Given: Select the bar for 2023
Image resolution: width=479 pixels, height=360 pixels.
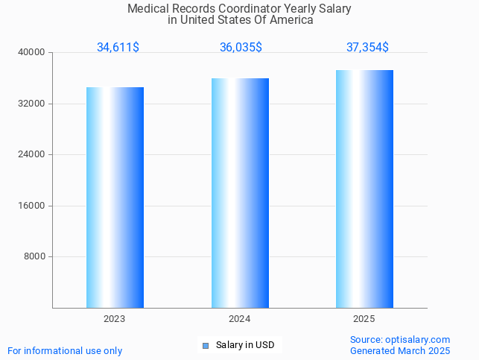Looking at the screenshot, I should point(115,198).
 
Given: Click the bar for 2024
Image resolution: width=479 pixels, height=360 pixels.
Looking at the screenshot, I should point(240,193).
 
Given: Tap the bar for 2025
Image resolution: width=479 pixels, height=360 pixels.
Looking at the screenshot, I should point(364,189).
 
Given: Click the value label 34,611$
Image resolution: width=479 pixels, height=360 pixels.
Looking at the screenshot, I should point(118,48).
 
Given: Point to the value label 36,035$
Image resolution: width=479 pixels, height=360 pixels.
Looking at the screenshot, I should point(241,48).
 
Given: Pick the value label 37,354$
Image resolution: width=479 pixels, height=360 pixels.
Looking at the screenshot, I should point(367,48).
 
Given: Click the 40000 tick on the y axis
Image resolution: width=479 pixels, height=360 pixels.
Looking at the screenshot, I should point(32,52).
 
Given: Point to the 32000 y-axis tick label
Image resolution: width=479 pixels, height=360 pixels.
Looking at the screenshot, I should point(32,104).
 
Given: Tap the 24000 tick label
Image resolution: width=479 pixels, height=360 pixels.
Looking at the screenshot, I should point(32,154).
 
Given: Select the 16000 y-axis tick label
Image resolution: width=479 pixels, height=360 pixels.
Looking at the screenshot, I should point(32,206).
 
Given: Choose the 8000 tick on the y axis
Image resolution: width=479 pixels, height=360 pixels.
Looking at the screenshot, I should point(34,257).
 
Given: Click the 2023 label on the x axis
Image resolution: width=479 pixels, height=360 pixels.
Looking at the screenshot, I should point(115,319).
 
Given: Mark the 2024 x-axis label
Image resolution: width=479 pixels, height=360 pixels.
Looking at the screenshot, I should point(240,319).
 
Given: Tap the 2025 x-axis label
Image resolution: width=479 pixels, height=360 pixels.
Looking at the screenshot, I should point(364,319).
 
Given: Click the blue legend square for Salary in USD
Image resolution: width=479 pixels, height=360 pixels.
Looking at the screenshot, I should point(206,345).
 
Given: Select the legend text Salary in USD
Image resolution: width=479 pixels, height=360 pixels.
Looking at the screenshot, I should point(245,345).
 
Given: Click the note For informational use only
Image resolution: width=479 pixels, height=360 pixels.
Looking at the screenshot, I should point(65,350).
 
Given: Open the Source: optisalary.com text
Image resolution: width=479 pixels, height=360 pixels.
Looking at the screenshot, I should point(400,340).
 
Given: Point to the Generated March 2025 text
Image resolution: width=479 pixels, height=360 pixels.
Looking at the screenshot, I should point(400,350).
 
